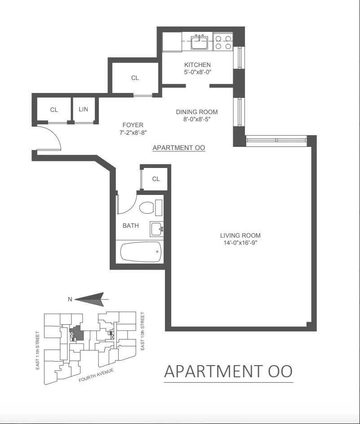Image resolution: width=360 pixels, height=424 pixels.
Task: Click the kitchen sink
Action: (x=199, y=42)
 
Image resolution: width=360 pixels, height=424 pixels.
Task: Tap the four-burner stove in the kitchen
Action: (x=223, y=42)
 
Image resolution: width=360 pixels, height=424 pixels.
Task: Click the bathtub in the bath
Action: (x=141, y=252)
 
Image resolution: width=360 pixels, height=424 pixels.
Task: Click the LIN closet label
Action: (x=84, y=109)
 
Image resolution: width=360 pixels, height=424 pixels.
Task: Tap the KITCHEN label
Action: (x=197, y=65)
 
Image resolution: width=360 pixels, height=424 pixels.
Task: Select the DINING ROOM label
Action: (x=196, y=112)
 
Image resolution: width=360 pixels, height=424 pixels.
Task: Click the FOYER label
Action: (x=133, y=125)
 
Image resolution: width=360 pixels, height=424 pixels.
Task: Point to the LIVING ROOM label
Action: (x=240, y=235)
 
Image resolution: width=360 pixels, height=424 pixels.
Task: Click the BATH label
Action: (x=131, y=225)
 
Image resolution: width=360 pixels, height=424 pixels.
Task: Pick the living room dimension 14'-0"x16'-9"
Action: (x=240, y=243)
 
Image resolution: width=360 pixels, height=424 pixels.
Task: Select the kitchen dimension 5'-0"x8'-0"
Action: (x=197, y=72)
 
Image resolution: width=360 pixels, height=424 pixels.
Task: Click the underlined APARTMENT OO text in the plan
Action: (x=179, y=147)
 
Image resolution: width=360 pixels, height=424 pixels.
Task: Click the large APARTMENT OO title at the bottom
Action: (x=228, y=371)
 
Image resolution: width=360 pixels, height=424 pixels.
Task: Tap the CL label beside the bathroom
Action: (x=156, y=179)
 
